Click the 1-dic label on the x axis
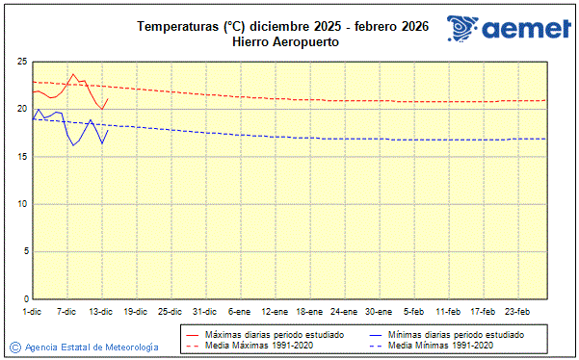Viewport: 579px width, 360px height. point(32,311)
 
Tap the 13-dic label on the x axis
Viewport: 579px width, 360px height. point(101,311)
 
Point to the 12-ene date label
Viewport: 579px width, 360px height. point(275,311)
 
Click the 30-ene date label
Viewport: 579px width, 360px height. point(379,311)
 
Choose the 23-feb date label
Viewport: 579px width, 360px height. point(517,311)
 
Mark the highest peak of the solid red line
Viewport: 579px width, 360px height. point(73,73)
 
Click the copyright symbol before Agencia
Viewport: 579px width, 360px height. point(15,347)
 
